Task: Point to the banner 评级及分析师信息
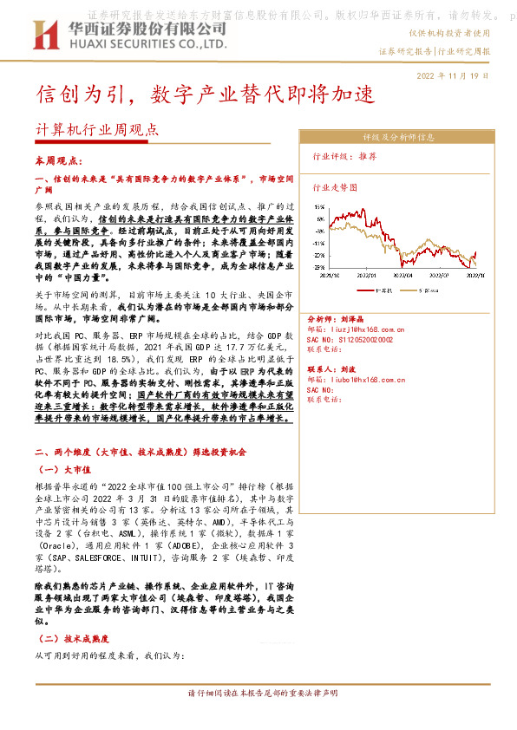(x=396, y=137)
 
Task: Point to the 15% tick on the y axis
(x=320, y=207)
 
